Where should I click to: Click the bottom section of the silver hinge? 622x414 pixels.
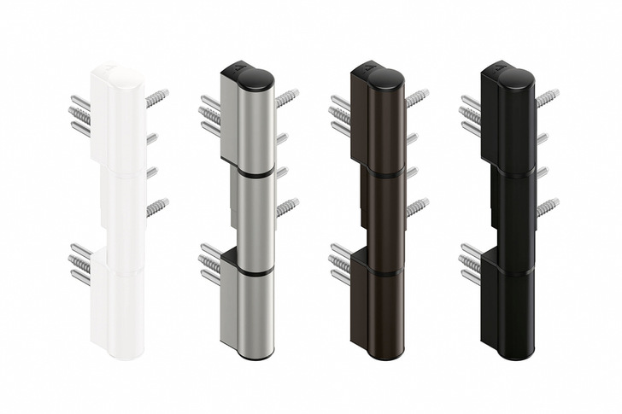pos(252,312)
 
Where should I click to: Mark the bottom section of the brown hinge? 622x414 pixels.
pos(383,312)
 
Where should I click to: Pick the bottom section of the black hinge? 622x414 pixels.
pos(513,312)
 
